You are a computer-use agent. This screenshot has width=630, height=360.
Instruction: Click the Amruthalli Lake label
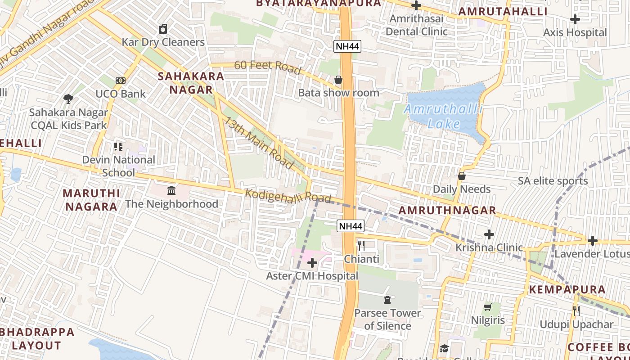(x=444, y=116)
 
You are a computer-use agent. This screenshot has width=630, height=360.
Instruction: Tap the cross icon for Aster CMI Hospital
(x=312, y=263)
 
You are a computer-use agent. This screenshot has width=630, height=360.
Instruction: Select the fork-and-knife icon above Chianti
(x=361, y=246)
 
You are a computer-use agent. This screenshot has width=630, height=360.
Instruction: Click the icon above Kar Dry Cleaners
(x=163, y=29)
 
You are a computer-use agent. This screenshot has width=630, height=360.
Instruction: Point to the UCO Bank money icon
(x=120, y=81)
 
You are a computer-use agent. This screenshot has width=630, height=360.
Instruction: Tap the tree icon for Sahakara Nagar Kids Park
(x=68, y=99)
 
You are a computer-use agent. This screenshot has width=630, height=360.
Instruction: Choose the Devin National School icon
(x=118, y=146)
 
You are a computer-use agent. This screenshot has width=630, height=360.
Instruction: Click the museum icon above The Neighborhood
(x=171, y=191)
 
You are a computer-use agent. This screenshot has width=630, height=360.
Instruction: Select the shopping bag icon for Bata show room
(x=338, y=80)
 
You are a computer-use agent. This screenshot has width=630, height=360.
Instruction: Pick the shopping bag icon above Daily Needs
(x=461, y=176)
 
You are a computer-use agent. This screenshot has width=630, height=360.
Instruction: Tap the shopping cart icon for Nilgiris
(x=487, y=307)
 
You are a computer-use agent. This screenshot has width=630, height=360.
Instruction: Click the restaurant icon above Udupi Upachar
(x=576, y=311)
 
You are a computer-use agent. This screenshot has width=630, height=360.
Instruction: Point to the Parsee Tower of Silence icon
(x=387, y=300)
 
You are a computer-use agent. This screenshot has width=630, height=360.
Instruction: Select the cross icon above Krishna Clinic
(x=489, y=234)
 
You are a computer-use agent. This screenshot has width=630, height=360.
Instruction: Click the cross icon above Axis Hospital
(x=575, y=19)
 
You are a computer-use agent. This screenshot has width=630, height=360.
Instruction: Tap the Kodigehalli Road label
(x=288, y=196)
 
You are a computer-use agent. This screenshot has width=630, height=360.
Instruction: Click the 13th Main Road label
(x=259, y=143)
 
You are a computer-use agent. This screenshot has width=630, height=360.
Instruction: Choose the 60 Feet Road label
(x=267, y=67)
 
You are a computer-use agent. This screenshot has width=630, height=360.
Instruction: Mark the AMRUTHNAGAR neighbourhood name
(x=447, y=210)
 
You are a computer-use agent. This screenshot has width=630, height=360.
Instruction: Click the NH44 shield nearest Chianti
(x=350, y=226)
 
